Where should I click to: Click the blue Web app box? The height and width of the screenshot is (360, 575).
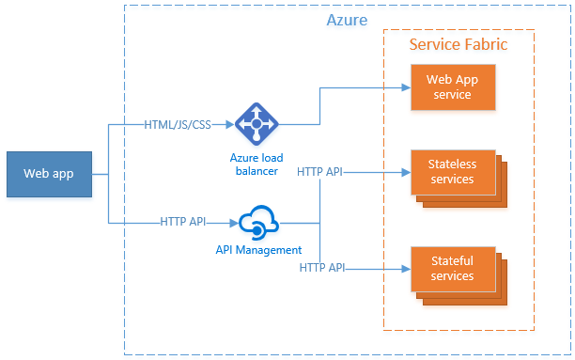coord(49,173)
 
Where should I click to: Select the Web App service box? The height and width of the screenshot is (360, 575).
coord(453,87)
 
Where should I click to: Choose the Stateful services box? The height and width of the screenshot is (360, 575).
coord(452,267)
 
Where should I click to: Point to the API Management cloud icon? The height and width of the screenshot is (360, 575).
coord(257,223)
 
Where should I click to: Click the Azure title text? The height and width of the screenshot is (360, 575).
coord(347,20)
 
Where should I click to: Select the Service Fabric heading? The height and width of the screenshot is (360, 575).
coord(458,44)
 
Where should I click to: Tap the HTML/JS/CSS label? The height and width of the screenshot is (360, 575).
coord(178,124)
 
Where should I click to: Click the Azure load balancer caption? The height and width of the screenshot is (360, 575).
coord(256,163)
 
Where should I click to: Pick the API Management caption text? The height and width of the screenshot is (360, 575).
coord(257,250)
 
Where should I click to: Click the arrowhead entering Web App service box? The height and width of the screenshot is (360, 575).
coord(406,88)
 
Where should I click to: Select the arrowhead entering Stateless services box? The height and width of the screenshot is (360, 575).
coord(406,172)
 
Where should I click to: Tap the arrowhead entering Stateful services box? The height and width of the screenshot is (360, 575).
coord(406,268)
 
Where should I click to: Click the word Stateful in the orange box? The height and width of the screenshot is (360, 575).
coord(452,259)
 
